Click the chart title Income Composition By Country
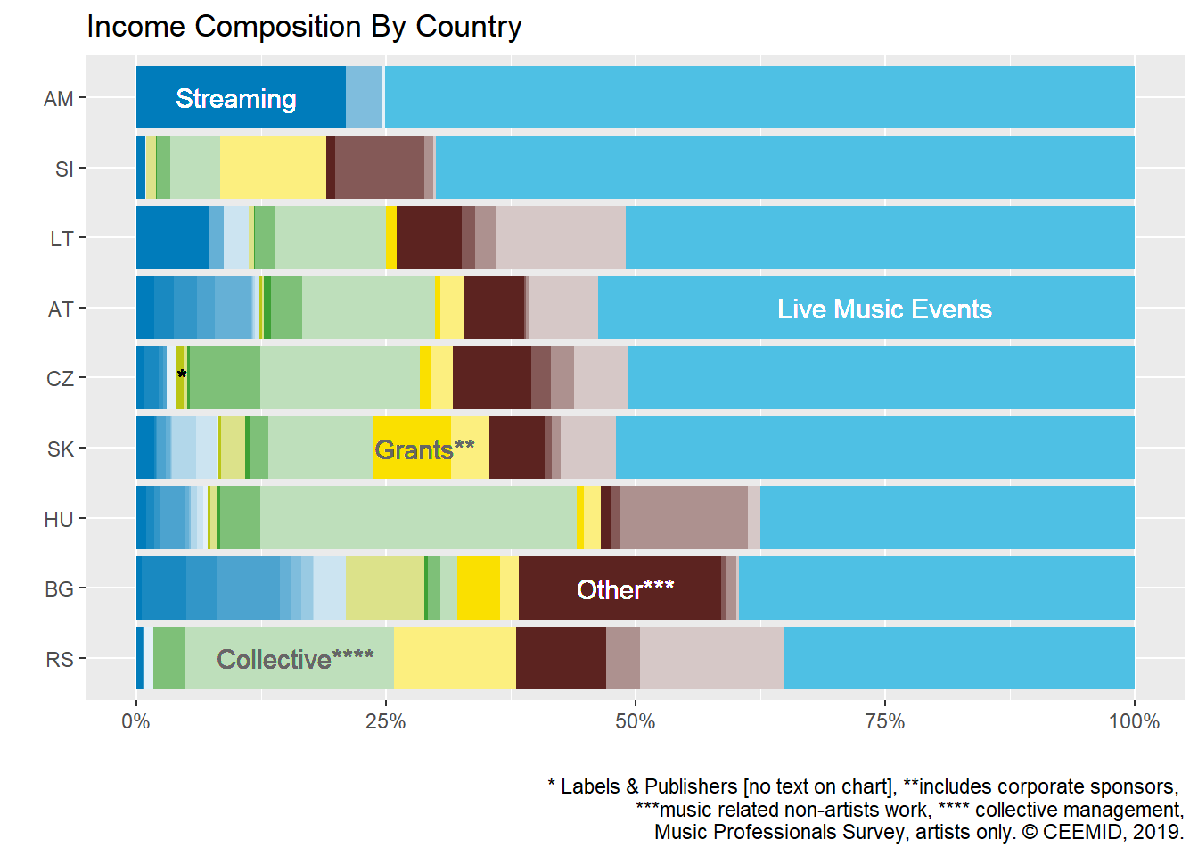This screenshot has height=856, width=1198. [304, 27]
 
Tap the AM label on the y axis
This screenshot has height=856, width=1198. [59, 99]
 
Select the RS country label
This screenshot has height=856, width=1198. [60, 660]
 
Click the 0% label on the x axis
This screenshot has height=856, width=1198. [135, 721]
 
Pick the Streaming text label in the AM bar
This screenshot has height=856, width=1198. [235, 99]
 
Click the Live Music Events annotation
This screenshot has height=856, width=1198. [884, 309]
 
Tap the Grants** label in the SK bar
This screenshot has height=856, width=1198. [424, 449]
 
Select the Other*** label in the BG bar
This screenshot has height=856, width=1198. [625, 589]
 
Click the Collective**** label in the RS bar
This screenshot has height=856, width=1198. [295, 660]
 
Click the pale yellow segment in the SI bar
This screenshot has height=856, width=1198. [273, 168]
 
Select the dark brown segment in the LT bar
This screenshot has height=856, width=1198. [429, 238]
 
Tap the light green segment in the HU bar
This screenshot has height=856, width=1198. [418, 518]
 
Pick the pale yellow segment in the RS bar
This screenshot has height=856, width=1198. [455, 659]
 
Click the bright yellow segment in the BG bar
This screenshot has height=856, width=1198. [479, 588]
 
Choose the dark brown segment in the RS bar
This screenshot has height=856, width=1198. [561, 659]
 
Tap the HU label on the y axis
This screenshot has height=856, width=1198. [59, 520]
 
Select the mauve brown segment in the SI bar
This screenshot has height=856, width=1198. [380, 168]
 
